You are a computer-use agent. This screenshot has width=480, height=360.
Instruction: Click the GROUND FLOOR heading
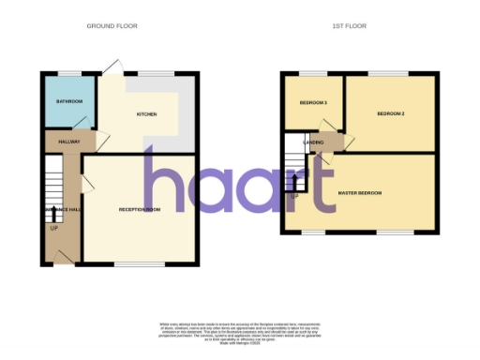pyautogui.click(x=112, y=26)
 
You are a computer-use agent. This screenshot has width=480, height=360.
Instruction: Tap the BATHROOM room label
pyautogui.click(x=69, y=101)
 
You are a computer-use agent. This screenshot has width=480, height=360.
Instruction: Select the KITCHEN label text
pyautogui.click(x=146, y=114)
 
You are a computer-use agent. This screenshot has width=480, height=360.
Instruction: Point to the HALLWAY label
pyautogui.click(x=69, y=142)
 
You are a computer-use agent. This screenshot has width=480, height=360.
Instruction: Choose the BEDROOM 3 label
pyautogui.click(x=313, y=101)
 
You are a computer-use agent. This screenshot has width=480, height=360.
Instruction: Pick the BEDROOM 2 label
pyautogui.click(x=391, y=113)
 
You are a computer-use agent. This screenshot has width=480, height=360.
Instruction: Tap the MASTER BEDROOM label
pyautogui.click(x=360, y=193)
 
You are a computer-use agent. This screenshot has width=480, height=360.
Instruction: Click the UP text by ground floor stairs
pyautogui.click(x=53, y=228)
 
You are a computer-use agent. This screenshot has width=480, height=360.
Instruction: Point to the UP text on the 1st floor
pyautogui.click(x=294, y=196)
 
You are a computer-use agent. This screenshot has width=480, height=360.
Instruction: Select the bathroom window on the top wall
pyautogui.click(x=69, y=73)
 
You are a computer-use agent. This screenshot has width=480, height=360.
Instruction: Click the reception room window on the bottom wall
pyautogui.click(x=140, y=265)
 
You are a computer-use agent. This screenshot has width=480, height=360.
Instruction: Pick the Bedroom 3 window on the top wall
pyautogui.click(x=313, y=73)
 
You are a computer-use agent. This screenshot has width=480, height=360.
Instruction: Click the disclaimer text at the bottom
pyautogui.click(x=239, y=322)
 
